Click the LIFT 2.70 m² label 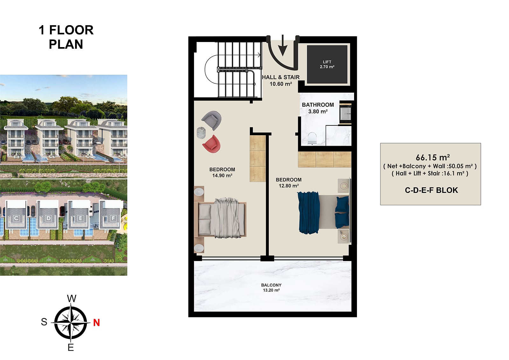[327, 64]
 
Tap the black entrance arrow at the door [283, 46]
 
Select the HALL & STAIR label [281, 77]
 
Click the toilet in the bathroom [312, 138]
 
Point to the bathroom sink [345, 114]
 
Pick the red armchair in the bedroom [211, 144]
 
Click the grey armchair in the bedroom [212, 120]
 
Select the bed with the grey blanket [220, 218]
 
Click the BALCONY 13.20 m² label [271, 287]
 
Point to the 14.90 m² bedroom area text [222, 176]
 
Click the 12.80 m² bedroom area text [289, 186]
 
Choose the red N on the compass [97, 322]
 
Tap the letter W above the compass [72, 298]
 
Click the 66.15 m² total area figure [433, 157]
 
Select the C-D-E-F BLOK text [431, 190]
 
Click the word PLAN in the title [66, 44]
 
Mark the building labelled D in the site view [48, 215]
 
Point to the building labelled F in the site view [111, 215]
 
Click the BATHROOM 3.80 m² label [318, 108]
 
